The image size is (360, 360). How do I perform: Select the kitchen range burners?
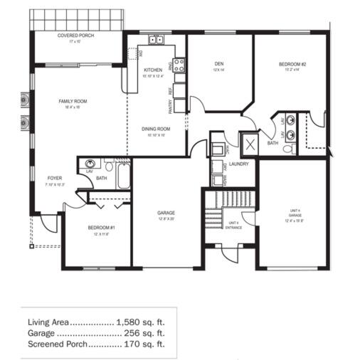click(x=179, y=65)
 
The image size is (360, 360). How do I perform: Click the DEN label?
click(x=219, y=64)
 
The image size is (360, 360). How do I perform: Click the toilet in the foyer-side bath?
click(x=90, y=163)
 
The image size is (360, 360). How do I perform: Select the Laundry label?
click(x=238, y=164)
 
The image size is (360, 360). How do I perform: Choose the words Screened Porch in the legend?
click(x=58, y=344)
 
